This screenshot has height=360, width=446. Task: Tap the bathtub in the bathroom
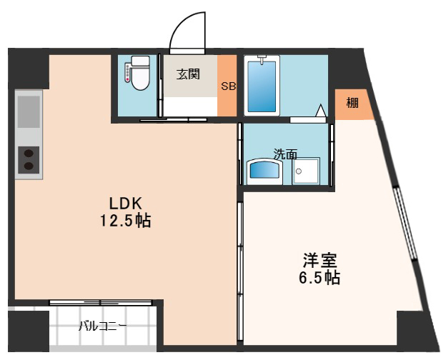[262, 86]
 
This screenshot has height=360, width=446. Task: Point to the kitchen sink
[29, 111]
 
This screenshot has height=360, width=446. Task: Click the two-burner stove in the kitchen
[29, 159]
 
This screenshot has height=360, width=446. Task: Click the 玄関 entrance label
[188, 74]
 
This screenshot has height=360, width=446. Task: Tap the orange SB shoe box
[227, 86]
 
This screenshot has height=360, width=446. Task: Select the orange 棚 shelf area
[353, 104]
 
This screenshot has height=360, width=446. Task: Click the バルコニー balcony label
[104, 327]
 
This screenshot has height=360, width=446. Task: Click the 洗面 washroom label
[286, 153]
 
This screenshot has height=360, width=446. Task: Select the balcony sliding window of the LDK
[100, 303]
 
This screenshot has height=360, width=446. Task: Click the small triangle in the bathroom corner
[321, 111]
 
